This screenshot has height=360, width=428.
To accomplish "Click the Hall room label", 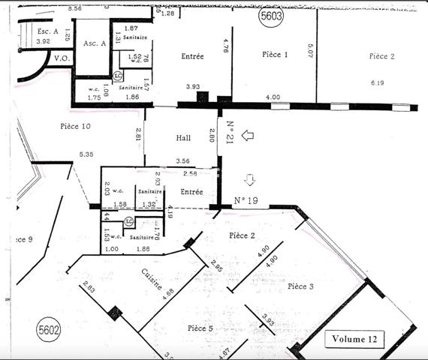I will coord(183,138).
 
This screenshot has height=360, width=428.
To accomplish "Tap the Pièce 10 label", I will coord(75,127).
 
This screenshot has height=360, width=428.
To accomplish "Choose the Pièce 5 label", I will coord(200,328).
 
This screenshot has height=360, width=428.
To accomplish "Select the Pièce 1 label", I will coord(275,55).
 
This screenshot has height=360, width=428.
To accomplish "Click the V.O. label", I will coord(62,57).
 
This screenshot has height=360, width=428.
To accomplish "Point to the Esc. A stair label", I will coord(48,30).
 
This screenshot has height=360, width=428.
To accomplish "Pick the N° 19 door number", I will coord(246,200).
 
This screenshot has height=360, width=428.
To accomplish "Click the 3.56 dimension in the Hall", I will coord(182,161).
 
